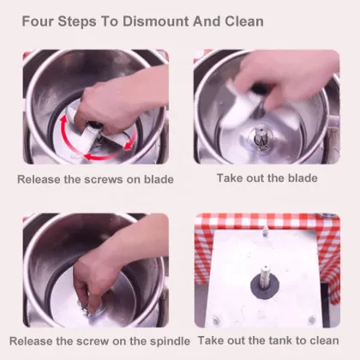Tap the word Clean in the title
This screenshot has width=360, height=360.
244,21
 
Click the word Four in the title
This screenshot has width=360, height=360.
38,21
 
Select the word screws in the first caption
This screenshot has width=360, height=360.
104,179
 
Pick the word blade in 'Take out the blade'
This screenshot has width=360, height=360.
303,178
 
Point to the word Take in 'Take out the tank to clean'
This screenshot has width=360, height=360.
210,340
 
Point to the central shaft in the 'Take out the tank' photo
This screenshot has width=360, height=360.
266,276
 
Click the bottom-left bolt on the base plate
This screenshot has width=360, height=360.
216,319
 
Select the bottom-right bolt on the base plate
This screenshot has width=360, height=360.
312,319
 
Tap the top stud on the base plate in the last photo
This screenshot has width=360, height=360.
265,231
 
